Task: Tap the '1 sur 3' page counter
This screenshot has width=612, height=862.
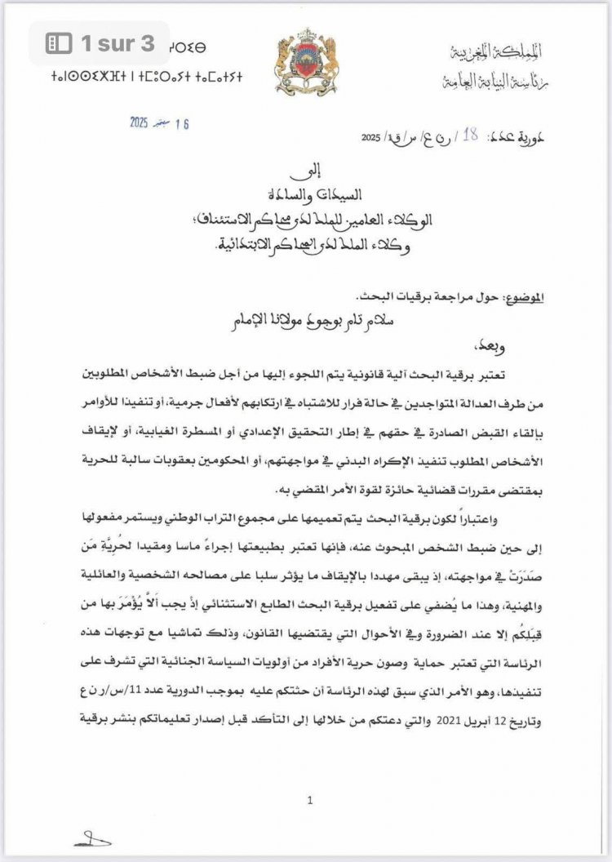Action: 118,42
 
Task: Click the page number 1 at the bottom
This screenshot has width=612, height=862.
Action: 310,802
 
